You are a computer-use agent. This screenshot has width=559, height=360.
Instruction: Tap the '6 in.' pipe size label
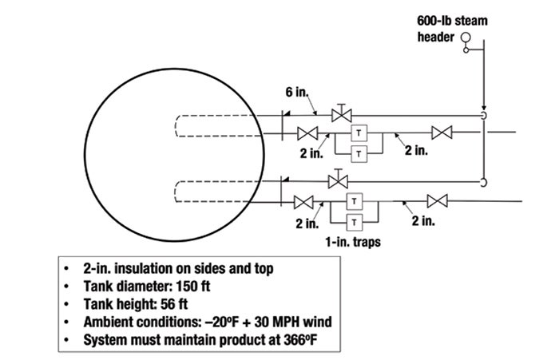point(296,94)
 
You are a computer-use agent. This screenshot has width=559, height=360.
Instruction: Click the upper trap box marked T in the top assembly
point(359,132)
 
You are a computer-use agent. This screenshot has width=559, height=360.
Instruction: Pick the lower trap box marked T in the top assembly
point(359,152)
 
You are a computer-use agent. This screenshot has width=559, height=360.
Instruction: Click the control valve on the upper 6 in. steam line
point(343,114)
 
